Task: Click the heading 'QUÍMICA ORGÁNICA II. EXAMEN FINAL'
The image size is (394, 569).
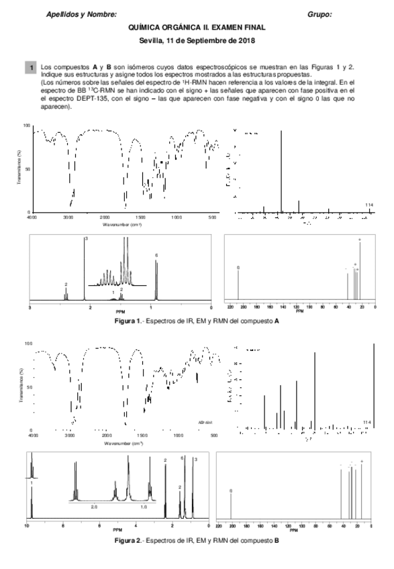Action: pos(197,28)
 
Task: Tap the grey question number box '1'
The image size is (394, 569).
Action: pos(30,68)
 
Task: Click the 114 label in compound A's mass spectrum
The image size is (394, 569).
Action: pos(368,205)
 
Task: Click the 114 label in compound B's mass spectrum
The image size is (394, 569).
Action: pos(366,422)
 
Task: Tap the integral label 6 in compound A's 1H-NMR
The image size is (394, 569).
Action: pos(156,256)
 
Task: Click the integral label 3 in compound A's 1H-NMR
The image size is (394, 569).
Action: pos(85,240)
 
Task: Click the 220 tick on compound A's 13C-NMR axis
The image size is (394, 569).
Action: pos(230,307)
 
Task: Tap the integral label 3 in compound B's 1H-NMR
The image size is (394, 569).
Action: pos(195,460)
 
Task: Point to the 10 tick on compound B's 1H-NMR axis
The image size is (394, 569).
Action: pos(27,527)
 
